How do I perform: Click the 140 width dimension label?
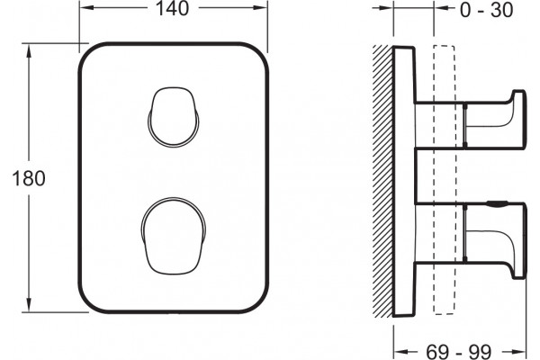pos(172,9)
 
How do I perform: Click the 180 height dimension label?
pos(29,178)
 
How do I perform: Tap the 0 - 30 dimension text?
pos(486,10)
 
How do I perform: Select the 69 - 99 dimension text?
pos(459,352)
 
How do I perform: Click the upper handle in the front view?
pos(174,116)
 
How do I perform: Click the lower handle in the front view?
pos(174,237)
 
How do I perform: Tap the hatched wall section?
pos(382,181)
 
